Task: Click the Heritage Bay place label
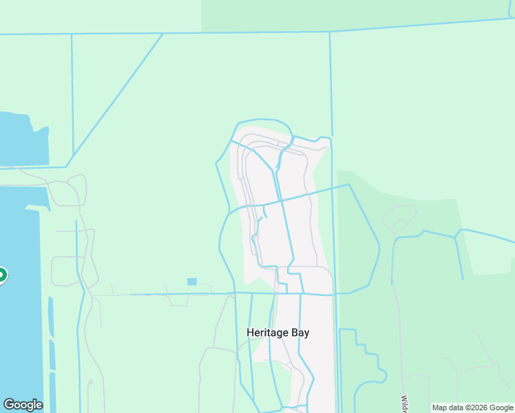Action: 278,332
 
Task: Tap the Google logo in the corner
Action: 23,405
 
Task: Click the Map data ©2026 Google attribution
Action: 472,407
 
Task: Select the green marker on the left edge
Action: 2,276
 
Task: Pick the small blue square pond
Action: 191,282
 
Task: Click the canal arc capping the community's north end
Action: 264,122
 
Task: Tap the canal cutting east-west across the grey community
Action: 289,199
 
